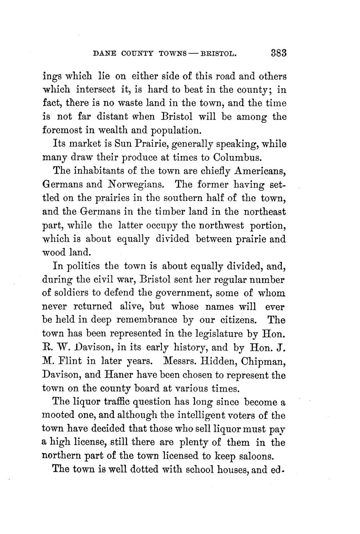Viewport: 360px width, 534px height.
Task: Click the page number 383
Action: (x=278, y=53)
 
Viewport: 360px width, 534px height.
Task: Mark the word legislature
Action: (x=223, y=334)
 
